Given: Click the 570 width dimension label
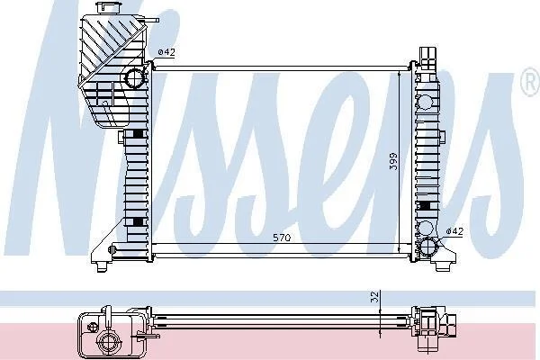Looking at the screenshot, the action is tap(282, 238).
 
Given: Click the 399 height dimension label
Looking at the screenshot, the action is tap(393, 161).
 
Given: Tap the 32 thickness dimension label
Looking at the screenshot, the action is tap(375, 297).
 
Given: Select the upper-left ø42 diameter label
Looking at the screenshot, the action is tap(166, 52).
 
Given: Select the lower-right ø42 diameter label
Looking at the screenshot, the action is tap(454, 231).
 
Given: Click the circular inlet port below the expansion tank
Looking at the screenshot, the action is tap(133, 78).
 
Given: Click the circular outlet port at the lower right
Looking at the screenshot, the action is tap(428, 247).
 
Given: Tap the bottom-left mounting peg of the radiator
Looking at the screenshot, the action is tap(103, 266).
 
